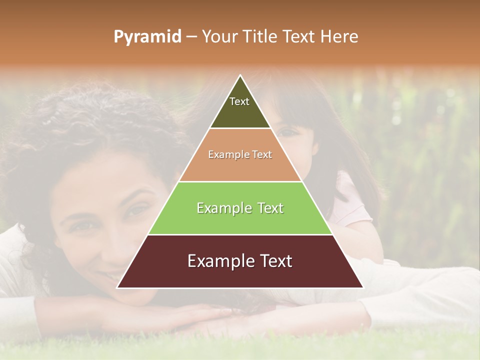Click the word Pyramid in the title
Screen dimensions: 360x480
click(147, 37)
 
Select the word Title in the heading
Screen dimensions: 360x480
click(260, 36)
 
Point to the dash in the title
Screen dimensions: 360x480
click(191, 37)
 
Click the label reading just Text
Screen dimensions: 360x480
click(239, 101)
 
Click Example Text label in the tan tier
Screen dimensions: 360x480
click(240, 154)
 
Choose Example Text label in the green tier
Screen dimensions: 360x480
click(240, 208)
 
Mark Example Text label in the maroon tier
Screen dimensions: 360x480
click(240, 261)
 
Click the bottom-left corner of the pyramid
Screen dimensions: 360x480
click(118, 287)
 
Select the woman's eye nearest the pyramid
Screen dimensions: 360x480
click(136, 210)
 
